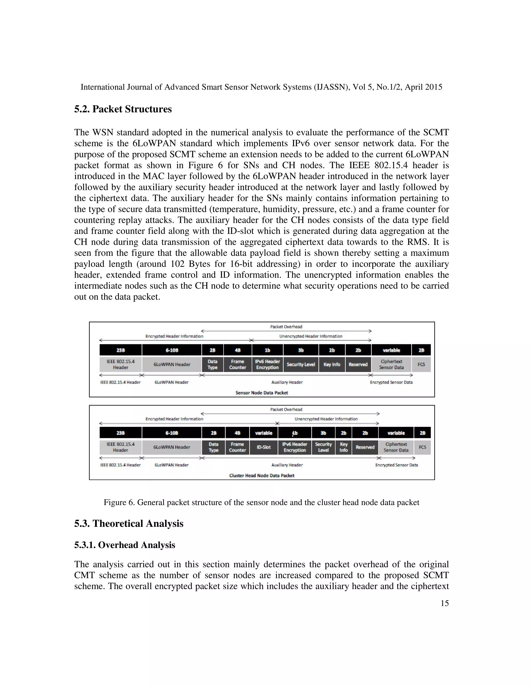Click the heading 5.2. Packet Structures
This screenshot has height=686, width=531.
tap(123, 109)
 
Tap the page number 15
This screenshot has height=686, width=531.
tap(444, 603)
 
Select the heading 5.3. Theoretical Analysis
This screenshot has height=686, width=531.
tap(129, 524)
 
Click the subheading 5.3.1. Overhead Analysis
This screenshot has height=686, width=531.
tap(124, 545)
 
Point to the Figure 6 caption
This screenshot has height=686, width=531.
tap(261, 502)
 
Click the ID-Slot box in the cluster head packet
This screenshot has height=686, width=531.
tap(264, 447)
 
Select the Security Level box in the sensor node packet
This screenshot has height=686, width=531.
tap(301, 364)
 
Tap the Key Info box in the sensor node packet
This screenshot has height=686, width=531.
tap(332, 364)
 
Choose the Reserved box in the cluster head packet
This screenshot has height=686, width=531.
tap(365, 447)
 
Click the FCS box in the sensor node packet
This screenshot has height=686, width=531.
tap(421, 364)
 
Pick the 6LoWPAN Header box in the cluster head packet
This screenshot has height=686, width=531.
tap(172, 447)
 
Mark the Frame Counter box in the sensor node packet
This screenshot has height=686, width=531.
tap(237, 364)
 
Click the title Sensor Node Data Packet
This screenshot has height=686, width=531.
tap(262, 393)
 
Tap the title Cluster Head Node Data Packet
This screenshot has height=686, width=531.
tap(262, 476)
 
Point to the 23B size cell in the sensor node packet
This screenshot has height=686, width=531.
tap(121, 350)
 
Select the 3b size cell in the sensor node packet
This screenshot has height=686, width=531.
tap(301, 350)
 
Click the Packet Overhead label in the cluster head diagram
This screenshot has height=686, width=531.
tap(286, 410)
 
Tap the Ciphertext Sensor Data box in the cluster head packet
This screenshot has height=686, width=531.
tap(396, 447)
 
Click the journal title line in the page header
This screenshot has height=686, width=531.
tap(261, 87)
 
